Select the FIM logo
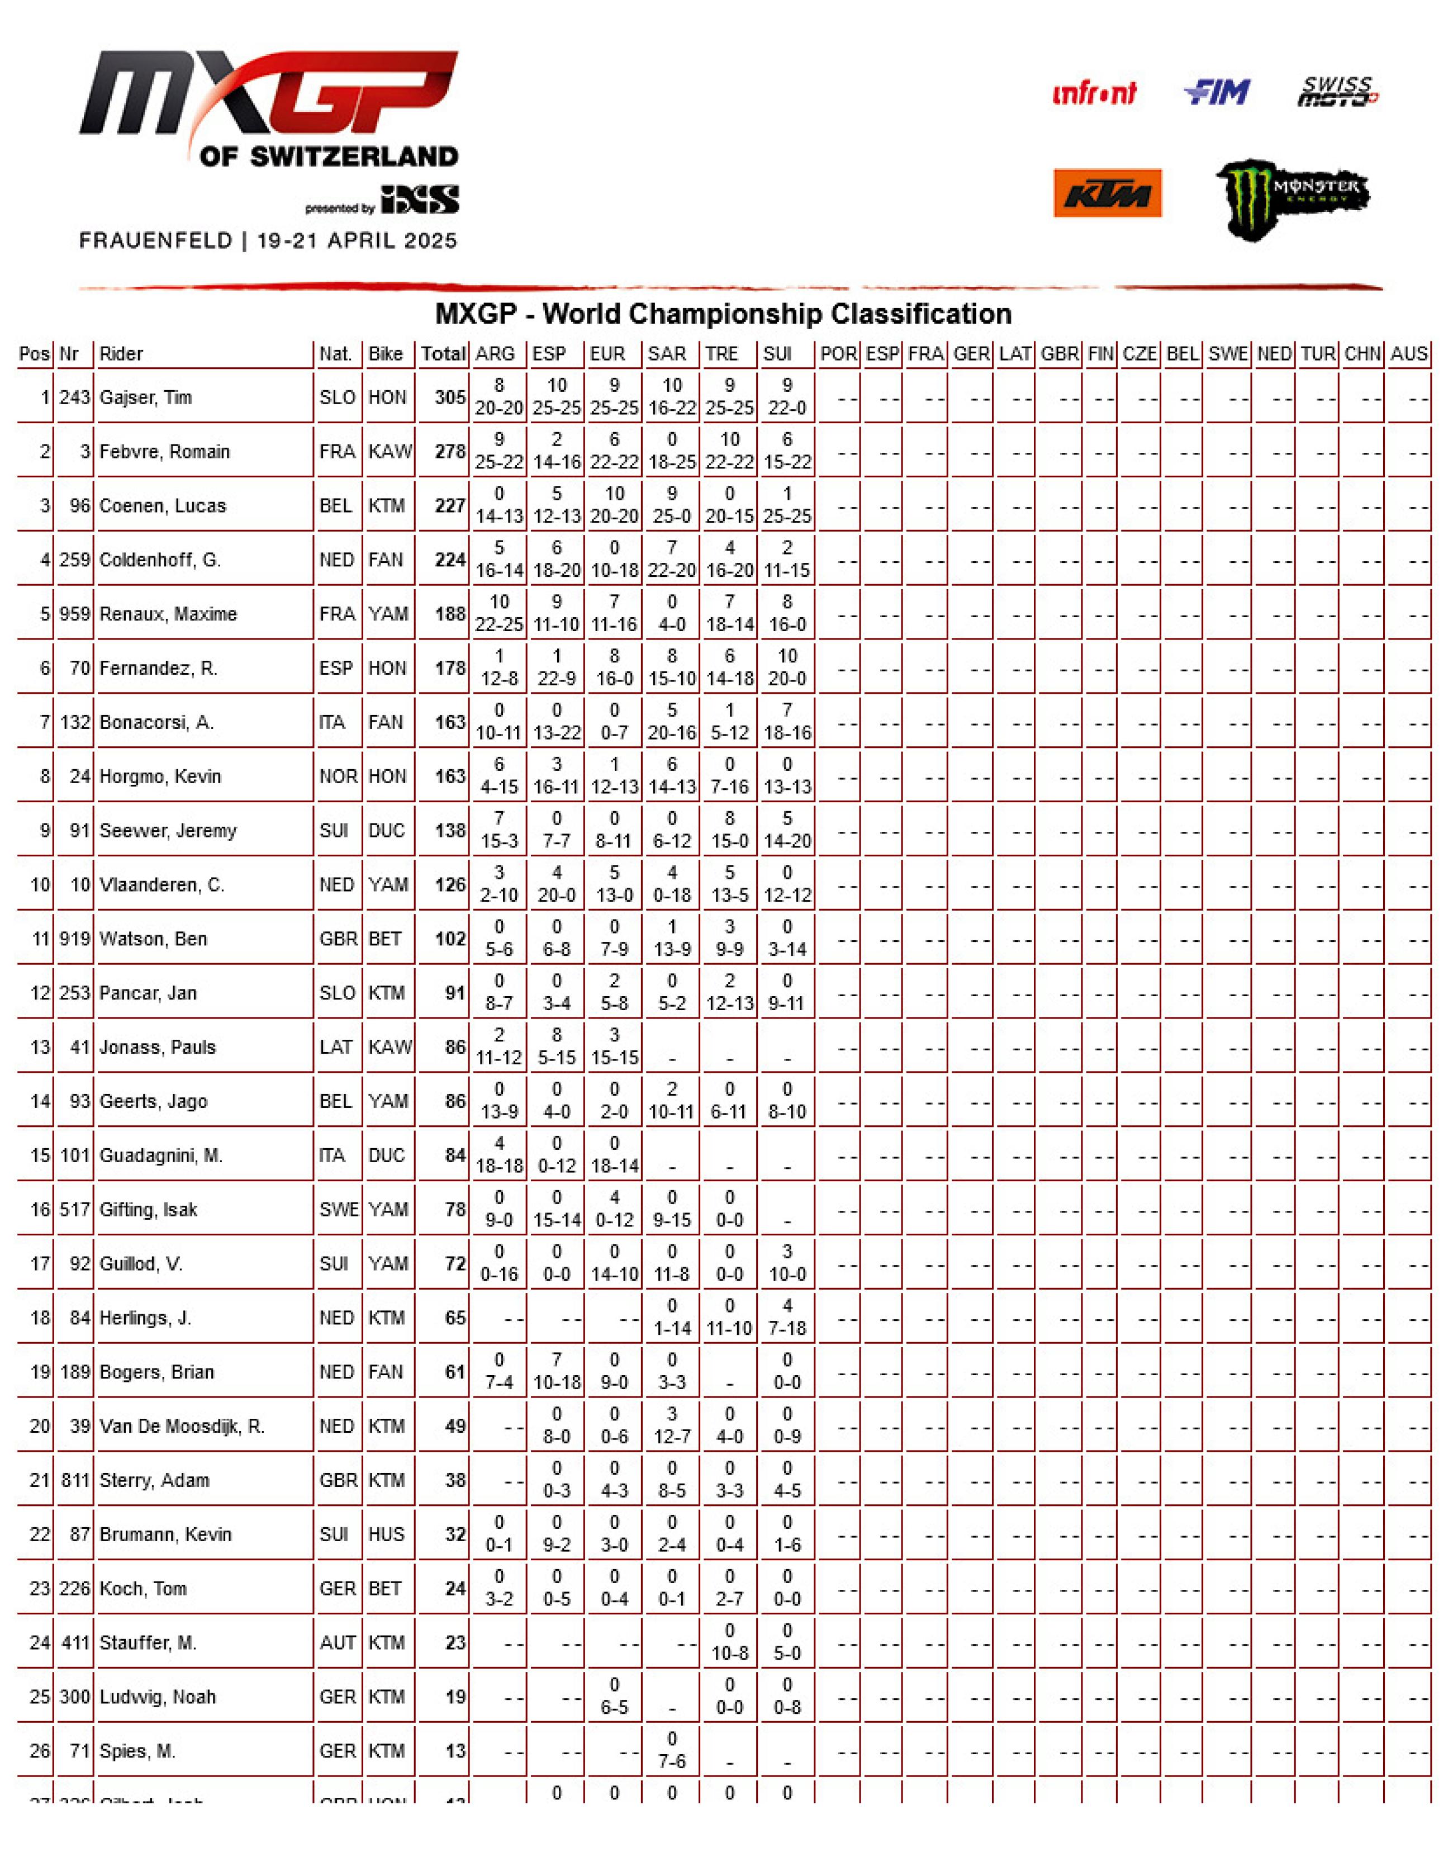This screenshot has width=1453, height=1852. [x=1217, y=92]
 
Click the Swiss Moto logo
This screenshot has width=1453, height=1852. [x=1337, y=92]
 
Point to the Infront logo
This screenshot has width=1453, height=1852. [x=1094, y=93]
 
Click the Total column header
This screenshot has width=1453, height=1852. [x=443, y=354]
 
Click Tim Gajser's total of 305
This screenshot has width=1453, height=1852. [x=450, y=397]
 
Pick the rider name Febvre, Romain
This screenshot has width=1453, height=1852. [x=164, y=452]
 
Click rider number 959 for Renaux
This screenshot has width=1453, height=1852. [x=75, y=614]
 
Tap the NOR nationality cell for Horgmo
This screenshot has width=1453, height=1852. [x=337, y=776]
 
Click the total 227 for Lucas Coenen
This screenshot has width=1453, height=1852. [x=450, y=506]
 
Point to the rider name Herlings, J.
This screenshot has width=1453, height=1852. [x=145, y=1318]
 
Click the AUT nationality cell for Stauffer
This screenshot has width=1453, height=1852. [x=337, y=1643]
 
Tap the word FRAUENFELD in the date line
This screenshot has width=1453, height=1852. [x=156, y=241]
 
